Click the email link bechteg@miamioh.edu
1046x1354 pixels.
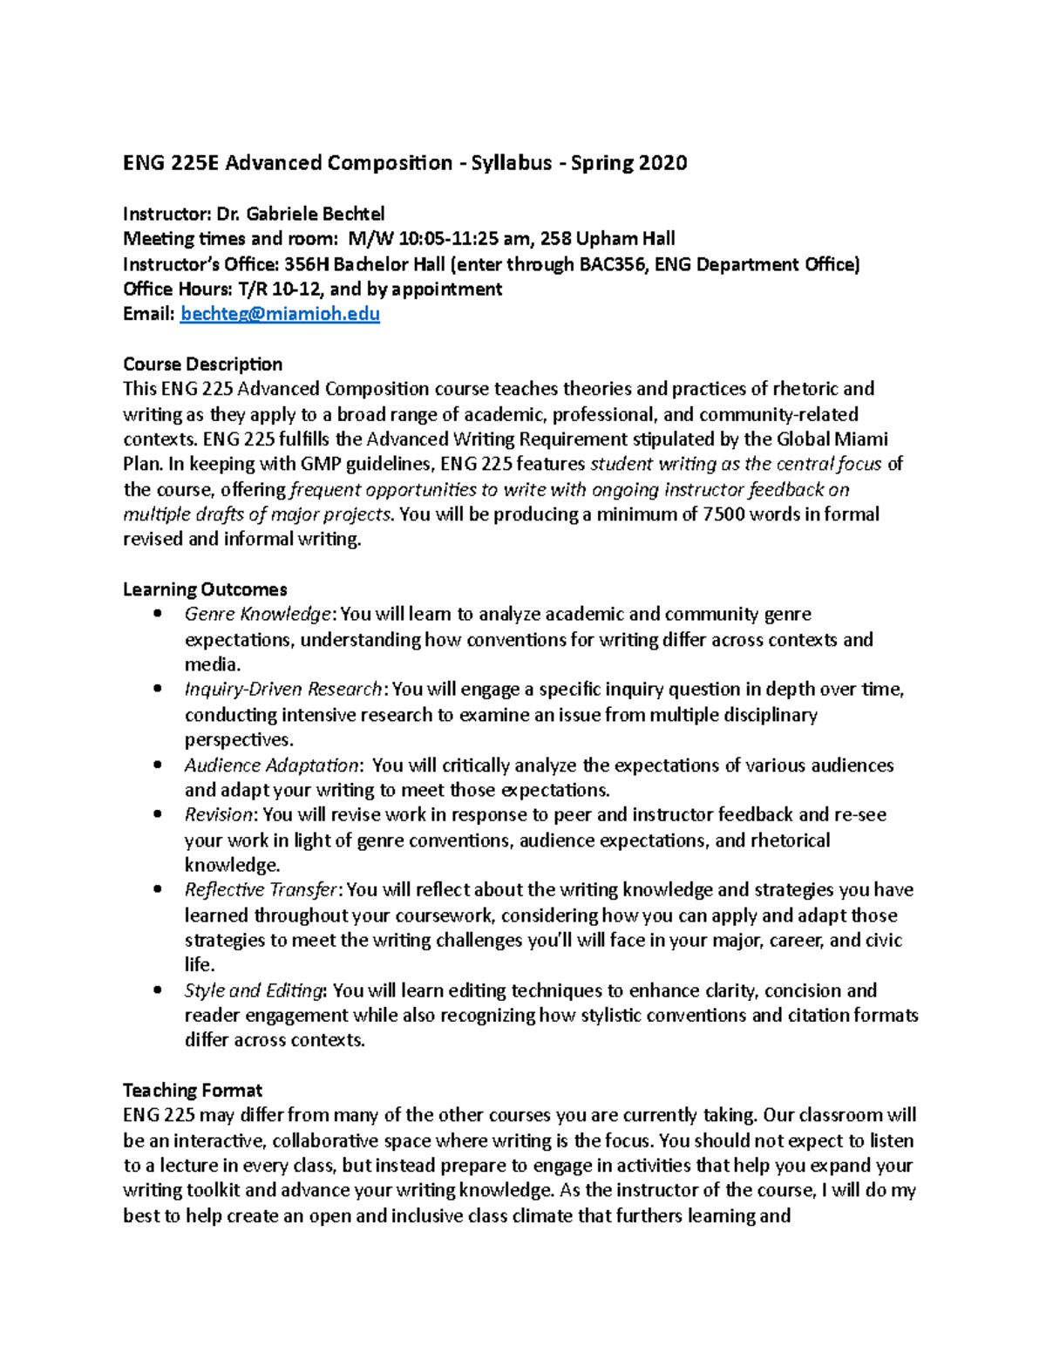pos(280,314)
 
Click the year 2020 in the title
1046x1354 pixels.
pos(662,163)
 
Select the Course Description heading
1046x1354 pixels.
pos(202,364)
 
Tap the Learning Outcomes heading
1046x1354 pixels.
pos(205,589)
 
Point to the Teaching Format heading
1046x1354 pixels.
pos(193,1090)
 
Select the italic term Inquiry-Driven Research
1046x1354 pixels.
pos(283,690)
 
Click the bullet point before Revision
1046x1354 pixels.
pos(158,815)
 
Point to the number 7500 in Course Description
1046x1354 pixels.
pos(721,514)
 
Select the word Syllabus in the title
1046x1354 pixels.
pos(512,163)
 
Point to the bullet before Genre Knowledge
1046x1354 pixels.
pos(158,615)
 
